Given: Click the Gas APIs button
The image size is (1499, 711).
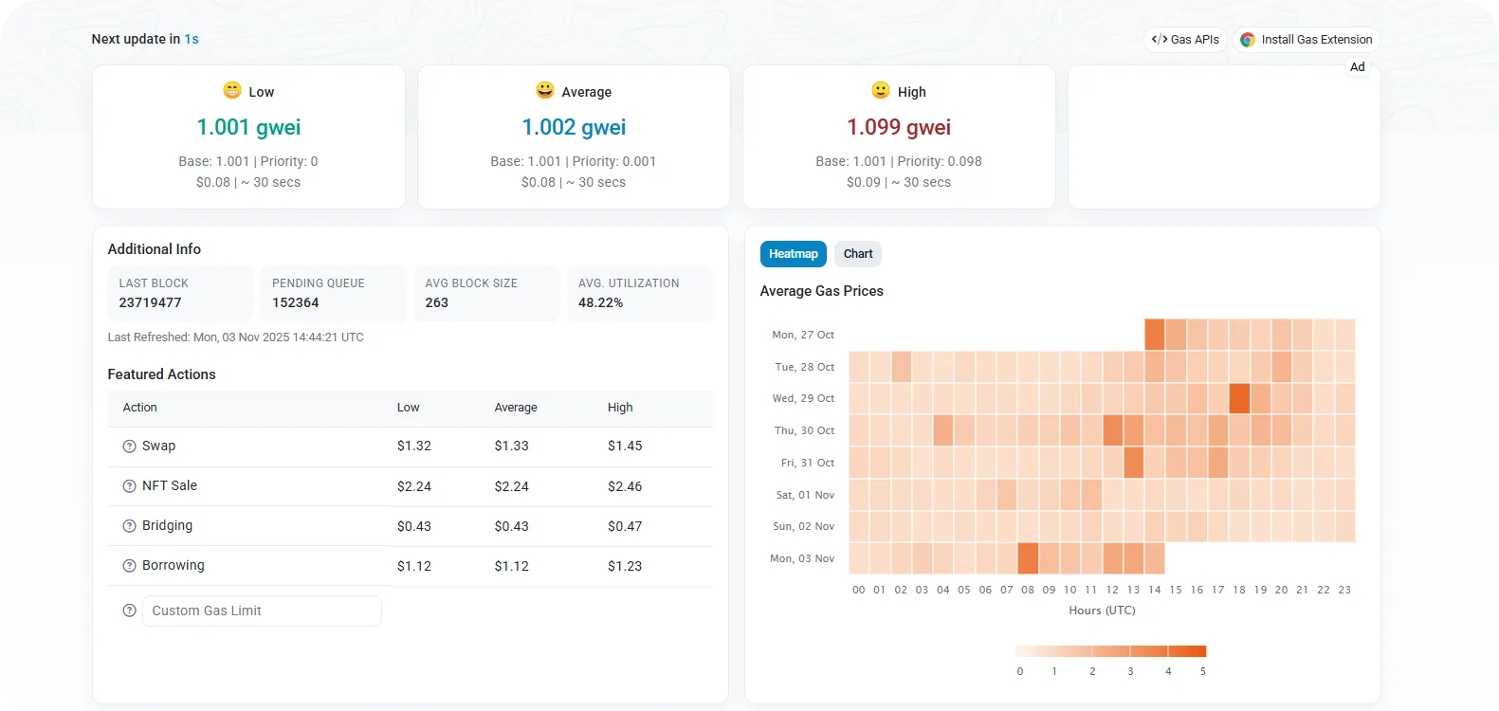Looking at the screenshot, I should pyautogui.click(x=1185, y=40).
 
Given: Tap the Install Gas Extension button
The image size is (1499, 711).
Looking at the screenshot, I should pyautogui.click(x=1307, y=40).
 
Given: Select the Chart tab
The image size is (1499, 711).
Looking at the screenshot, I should pyautogui.click(x=858, y=254).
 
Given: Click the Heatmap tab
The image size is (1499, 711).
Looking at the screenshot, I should pyautogui.click(x=793, y=254).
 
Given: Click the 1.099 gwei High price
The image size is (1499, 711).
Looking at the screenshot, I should pyautogui.click(x=899, y=127).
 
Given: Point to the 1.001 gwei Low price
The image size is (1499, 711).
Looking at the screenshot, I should pyautogui.click(x=248, y=127).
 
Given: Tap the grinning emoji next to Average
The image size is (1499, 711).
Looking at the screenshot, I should pyautogui.click(x=544, y=90).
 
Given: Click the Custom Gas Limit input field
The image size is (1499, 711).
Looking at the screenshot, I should pyautogui.click(x=262, y=611).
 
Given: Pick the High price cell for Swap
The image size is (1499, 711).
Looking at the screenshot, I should pyautogui.click(x=625, y=446).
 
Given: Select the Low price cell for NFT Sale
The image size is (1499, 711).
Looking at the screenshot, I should pyautogui.click(x=413, y=486).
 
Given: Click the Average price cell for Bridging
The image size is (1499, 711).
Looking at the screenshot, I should pyautogui.click(x=511, y=526).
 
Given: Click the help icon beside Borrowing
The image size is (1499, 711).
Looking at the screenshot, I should pyautogui.click(x=129, y=566).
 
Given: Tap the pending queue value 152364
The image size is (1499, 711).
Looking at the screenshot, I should pyautogui.click(x=295, y=302).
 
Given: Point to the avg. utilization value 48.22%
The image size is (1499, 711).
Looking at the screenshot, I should pyautogui.click(x=600, y=302).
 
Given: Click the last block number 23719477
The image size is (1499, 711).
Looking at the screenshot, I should pyautogui.click(x=150, y=302).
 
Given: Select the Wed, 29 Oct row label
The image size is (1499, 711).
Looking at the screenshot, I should pyautogui.click(x=803, y=398).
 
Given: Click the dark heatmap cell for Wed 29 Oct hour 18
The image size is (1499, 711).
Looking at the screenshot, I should pyautogui.click(x=1239, y=398).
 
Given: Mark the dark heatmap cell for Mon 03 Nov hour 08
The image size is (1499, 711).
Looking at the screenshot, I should pyautogui.click(x=1028, y=558).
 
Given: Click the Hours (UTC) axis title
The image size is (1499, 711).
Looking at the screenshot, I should pyautogui.click(x=1102, y=611).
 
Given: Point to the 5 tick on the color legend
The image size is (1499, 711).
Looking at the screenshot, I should pyautogui.click(x=1203, y=671).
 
